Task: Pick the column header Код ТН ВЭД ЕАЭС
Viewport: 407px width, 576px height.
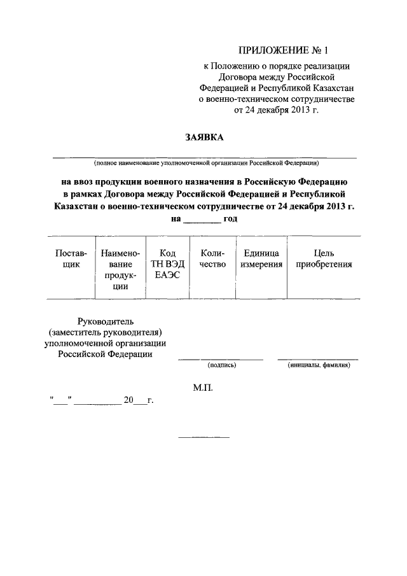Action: (x=165, y=264)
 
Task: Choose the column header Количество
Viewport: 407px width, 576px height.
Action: (x=212, y=259)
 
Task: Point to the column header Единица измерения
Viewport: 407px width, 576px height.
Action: (x=261, y=259)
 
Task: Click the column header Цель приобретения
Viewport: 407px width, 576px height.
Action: (x=324, y=259)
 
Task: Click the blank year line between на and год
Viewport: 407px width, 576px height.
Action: (x=202, y=222)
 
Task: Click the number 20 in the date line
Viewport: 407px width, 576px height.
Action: (x=129, y=401)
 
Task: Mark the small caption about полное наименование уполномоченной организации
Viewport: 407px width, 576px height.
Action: (x=204, y=162)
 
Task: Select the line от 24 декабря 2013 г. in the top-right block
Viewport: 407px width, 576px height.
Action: (x=276, y=109)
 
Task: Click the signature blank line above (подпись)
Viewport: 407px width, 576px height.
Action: (x=221, y=359)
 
